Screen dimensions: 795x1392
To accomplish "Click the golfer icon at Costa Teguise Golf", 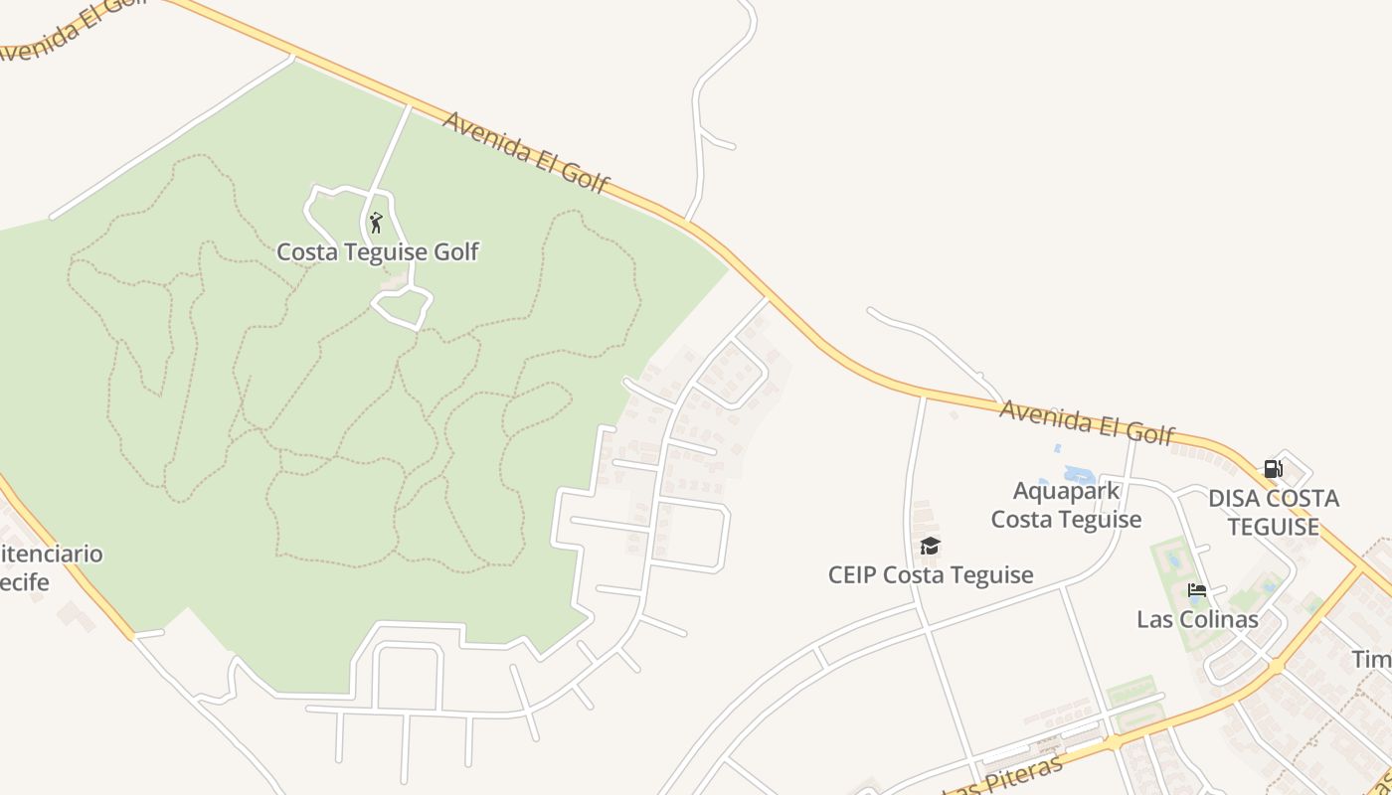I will [376, 223].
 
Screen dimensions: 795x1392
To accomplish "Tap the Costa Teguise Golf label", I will [377, 252].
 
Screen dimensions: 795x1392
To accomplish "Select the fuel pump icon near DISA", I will [1273, 469].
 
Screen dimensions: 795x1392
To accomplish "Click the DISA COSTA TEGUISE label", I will [1273, 512].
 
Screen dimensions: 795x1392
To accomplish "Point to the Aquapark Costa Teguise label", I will [1066, 505].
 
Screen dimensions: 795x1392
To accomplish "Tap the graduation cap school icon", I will [930, 546].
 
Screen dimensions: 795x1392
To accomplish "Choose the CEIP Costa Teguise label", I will [931, 575].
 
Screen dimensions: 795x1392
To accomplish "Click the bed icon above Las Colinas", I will [1197, 590].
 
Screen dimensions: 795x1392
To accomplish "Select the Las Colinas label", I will [1197, 619].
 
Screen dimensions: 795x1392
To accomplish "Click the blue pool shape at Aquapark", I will [1079, 475].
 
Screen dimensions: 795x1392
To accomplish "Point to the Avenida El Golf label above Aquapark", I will [1087, 422].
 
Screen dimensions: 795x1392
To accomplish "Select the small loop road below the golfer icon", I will [402, 307].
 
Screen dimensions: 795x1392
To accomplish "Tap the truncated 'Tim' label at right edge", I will [1371, 660].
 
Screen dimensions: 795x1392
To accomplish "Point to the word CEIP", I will [853, 575].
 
